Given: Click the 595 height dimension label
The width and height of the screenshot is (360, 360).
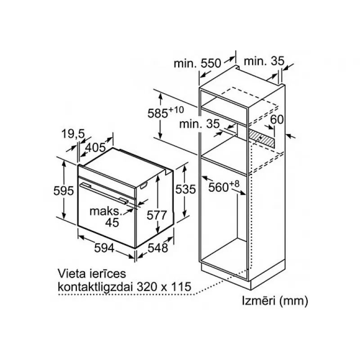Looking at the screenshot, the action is pos(63,190).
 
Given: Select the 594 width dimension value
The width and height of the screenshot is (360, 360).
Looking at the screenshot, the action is pos(104,248).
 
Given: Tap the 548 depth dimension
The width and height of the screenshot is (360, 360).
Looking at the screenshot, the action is pos(158,248).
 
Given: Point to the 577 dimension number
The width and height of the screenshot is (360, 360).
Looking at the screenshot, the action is pos(157,216).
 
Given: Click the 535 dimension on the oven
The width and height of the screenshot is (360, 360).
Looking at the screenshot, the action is pos(185,189).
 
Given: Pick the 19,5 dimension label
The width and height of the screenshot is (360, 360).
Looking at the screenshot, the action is pos(73,134).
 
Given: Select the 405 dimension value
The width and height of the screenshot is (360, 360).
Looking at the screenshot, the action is pos(95,148).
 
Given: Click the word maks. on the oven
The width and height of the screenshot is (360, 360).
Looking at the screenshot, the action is pos(105,211).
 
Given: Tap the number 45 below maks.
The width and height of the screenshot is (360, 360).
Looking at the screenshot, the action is pos(112,222).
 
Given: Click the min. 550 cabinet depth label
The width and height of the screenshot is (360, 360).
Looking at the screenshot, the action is pos(197,63).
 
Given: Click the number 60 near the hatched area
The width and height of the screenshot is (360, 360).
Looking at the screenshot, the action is pos(277,119).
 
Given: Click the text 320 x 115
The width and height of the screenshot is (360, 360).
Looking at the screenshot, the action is pos(164,287).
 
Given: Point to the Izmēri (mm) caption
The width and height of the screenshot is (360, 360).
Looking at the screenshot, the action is pos(275,301).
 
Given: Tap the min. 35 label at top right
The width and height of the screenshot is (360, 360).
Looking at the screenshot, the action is pos(264,61).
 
